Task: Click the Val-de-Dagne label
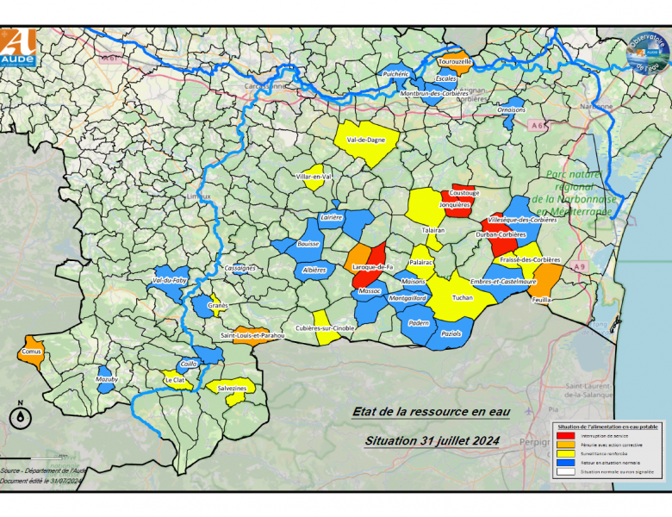tap(365, 140)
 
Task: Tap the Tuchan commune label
tap(463, 297)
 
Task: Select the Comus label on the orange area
tap(30, 352)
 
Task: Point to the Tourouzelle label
tap(455, 62)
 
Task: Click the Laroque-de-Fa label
tap(373, 267)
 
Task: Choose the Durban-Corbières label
tap(501, 234)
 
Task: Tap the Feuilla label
tap(542, 299)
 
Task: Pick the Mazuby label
tap(108, 379)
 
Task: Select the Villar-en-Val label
tap(314, 177)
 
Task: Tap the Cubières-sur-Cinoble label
tap(325, 328)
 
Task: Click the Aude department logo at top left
tap(19, 47)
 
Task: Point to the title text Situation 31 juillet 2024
tap(432, 440)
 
